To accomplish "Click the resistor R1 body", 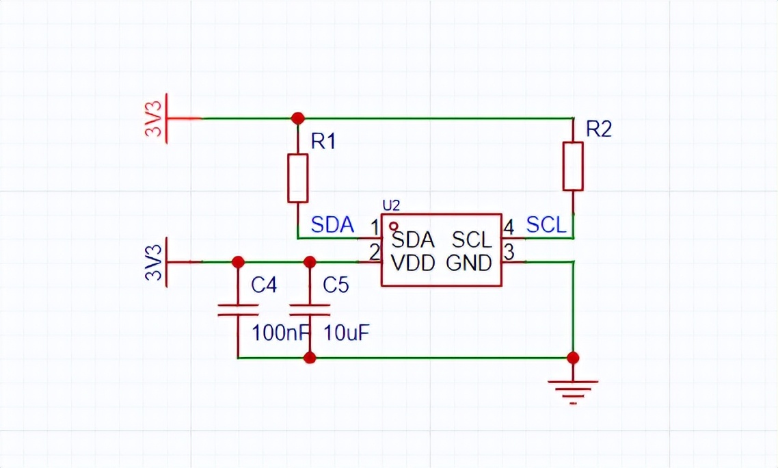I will [298, 178].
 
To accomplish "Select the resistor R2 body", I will [573, 166].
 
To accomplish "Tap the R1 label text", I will [323, 142].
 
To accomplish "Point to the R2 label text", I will [598, 129].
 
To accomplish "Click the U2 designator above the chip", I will [390, 205].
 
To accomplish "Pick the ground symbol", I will [573, 391].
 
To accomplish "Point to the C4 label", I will [264, 285].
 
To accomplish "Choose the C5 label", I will [336, 285].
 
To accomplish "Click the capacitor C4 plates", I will [238, 310].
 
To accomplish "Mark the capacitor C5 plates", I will [310, 310].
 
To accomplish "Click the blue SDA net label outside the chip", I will [332, 224].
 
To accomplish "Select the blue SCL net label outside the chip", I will [546, 224].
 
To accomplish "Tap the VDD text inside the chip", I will [413, 263].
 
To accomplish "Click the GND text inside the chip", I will [469, 263].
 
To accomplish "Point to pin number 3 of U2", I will [509, 252].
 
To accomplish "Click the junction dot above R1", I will [297, 118].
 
